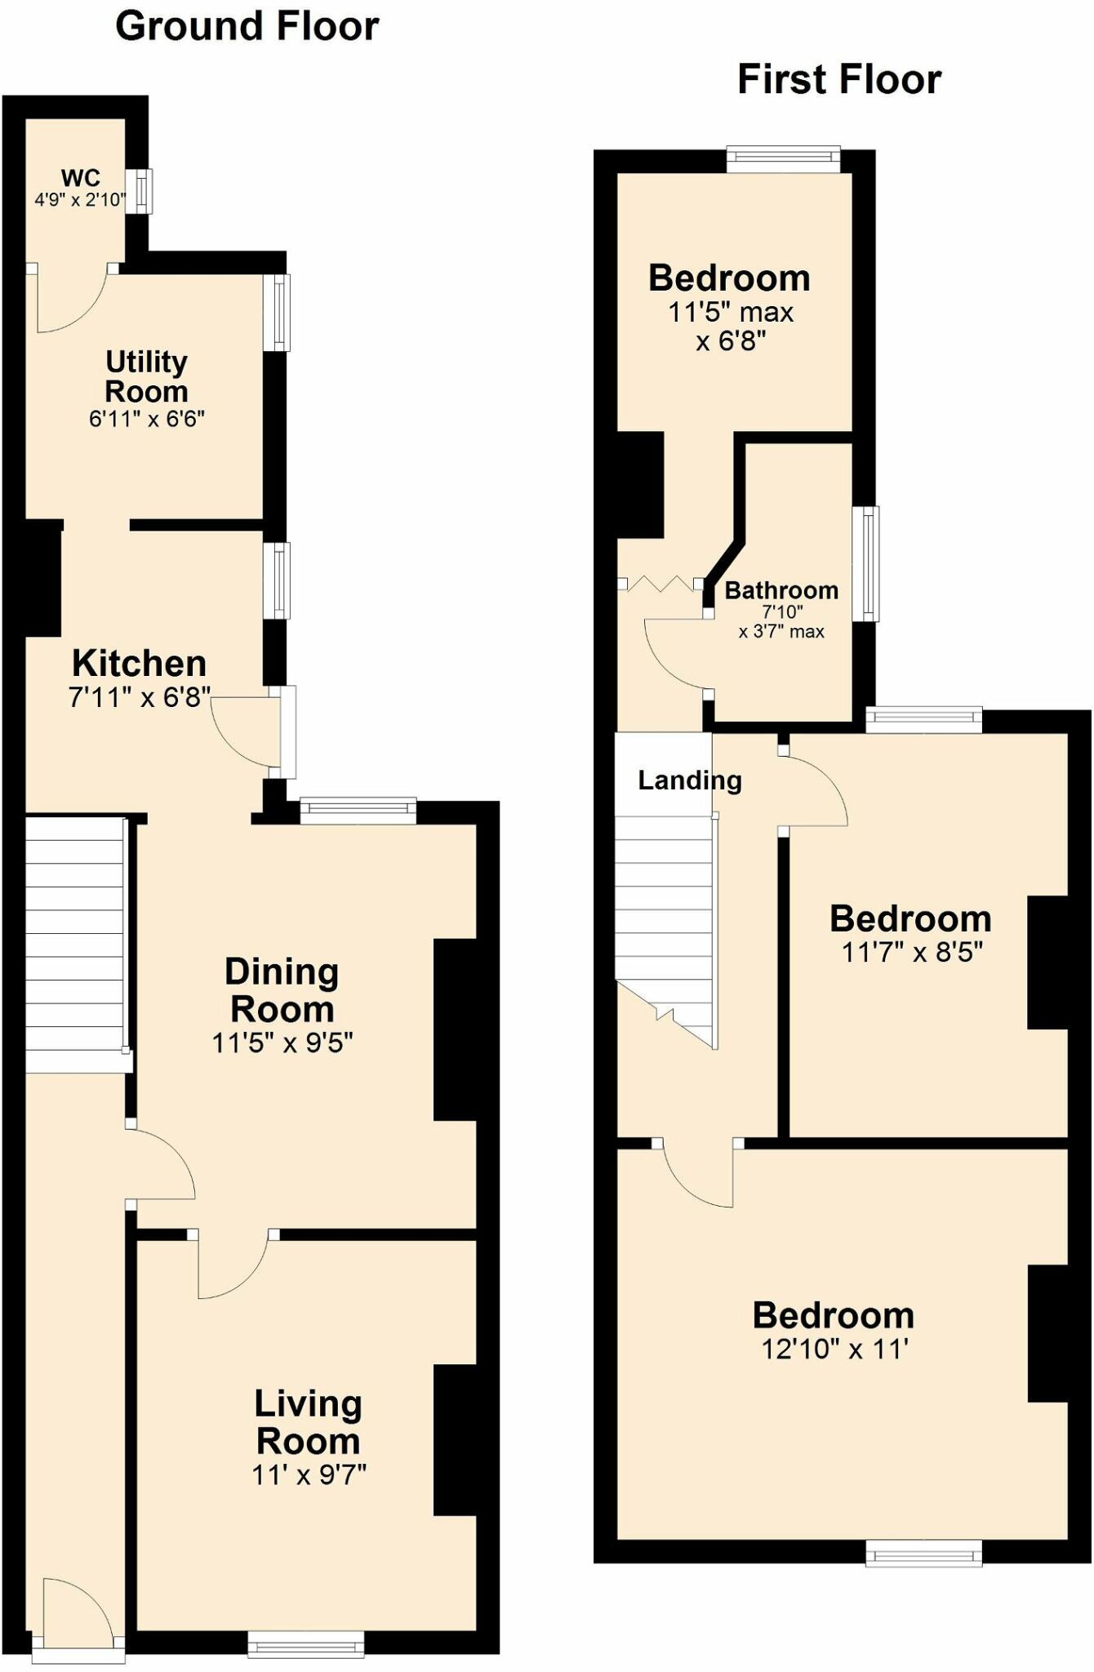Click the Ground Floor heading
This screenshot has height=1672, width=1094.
247,27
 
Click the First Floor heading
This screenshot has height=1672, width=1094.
839,80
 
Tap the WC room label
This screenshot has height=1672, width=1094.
81,177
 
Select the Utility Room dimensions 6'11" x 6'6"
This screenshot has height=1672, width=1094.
147,420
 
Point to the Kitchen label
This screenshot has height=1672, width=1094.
140,663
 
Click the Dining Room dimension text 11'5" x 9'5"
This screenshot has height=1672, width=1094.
282,1043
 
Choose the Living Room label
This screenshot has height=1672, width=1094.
308,1421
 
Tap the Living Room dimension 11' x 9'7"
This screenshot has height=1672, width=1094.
309,1474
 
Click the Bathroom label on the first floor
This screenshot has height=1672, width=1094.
781,590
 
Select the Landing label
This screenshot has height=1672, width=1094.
690,780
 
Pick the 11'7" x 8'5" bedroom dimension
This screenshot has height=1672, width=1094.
912,952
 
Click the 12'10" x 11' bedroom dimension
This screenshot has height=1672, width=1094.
835,1349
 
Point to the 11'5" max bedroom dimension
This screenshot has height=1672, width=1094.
732,312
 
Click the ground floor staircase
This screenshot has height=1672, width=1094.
75,945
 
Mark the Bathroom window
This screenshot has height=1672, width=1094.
865,563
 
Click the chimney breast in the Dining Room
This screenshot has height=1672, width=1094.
456,1029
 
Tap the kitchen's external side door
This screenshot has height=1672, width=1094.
287,732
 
